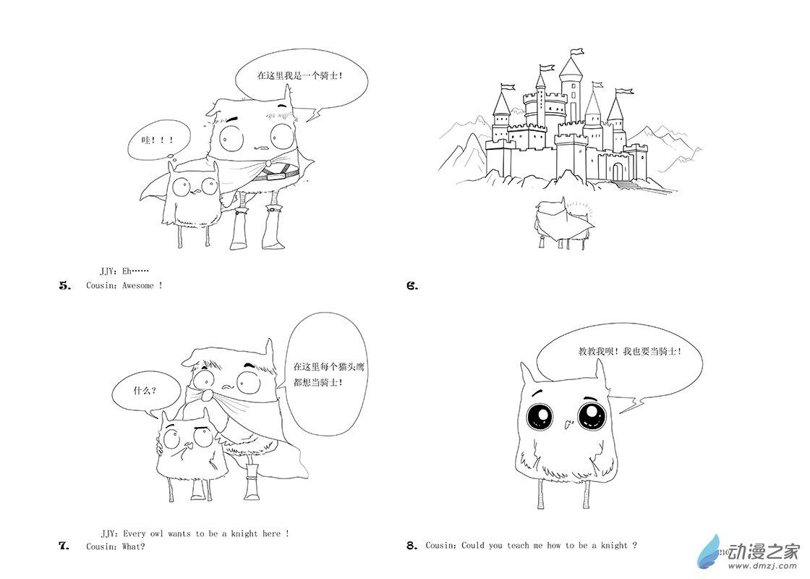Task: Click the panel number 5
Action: (65, 285)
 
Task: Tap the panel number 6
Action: (412, 285)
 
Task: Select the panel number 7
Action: (64, 546)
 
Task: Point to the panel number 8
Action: (412, 546)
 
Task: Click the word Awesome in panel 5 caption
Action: (138, 285)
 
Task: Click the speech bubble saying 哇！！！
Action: (158, 140)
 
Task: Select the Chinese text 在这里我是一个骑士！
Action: (300, 75)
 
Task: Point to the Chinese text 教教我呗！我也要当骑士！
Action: (630, 352)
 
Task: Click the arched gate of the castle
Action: (618, 172)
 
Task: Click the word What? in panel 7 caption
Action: (133, 546)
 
